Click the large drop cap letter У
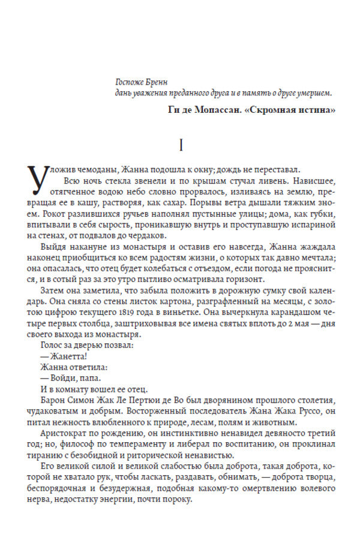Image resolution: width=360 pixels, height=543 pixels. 40,179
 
